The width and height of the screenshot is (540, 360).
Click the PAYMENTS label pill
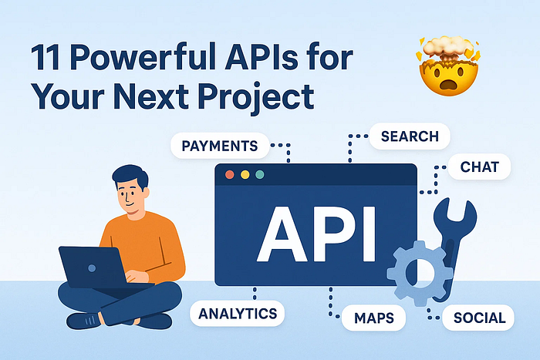click(x=220, y=146)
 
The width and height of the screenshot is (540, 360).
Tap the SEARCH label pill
click(x=410, y=136)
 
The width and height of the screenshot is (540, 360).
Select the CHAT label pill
click(x=479, y=167)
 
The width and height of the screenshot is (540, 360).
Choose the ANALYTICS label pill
click(x=238, y=314)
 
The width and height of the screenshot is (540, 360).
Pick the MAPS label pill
click(x=373, y=318)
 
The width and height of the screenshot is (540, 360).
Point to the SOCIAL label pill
click(x=478, y=318)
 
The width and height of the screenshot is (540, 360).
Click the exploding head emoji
click(x=448, y=66)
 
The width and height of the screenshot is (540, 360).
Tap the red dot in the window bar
click(x=230, y=174)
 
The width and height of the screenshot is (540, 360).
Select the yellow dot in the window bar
click(x=245, y=174)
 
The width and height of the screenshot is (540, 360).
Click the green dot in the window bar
click(x=260, y=174)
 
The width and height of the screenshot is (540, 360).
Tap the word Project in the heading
click(x=256, y=96)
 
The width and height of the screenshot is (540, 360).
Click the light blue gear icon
click(x=400, y=274)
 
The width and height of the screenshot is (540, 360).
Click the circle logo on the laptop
click(x=92, y=268)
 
